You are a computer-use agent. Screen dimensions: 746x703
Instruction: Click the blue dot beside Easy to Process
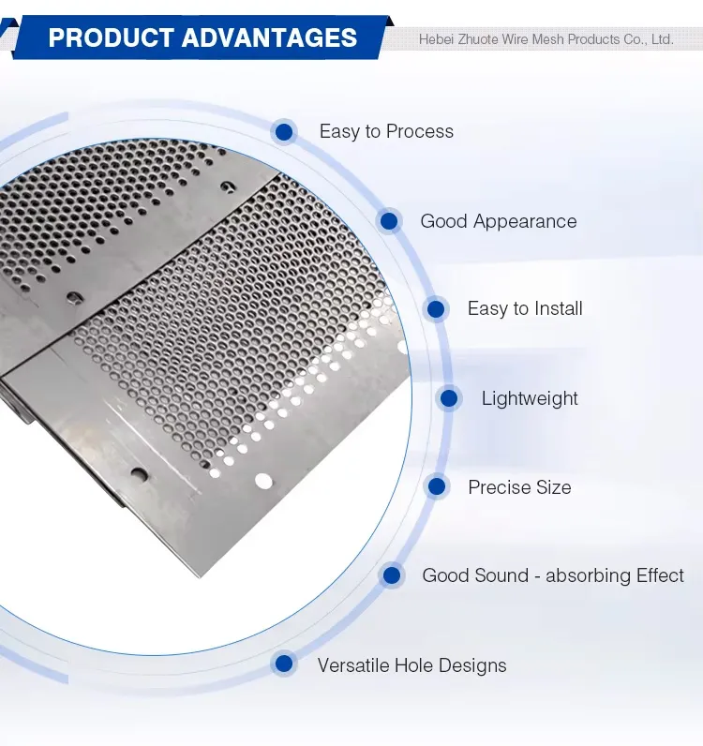[284, 131]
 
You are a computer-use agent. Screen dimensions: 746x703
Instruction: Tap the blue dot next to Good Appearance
[389, 221]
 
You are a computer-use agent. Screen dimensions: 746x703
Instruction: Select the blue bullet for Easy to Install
[436, 308]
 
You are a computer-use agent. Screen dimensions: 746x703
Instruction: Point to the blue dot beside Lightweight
[449, 398]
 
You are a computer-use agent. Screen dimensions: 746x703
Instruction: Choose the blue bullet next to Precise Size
[436, 486]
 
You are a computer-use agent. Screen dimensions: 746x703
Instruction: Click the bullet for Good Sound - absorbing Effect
[392, 575]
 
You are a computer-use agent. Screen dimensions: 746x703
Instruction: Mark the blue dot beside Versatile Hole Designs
[284, 664]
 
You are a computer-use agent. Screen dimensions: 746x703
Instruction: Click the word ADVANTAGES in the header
[270, 38]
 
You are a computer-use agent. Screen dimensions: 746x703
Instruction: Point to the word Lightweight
[530, 398]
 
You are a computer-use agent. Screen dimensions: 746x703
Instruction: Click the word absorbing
[591, 575]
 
